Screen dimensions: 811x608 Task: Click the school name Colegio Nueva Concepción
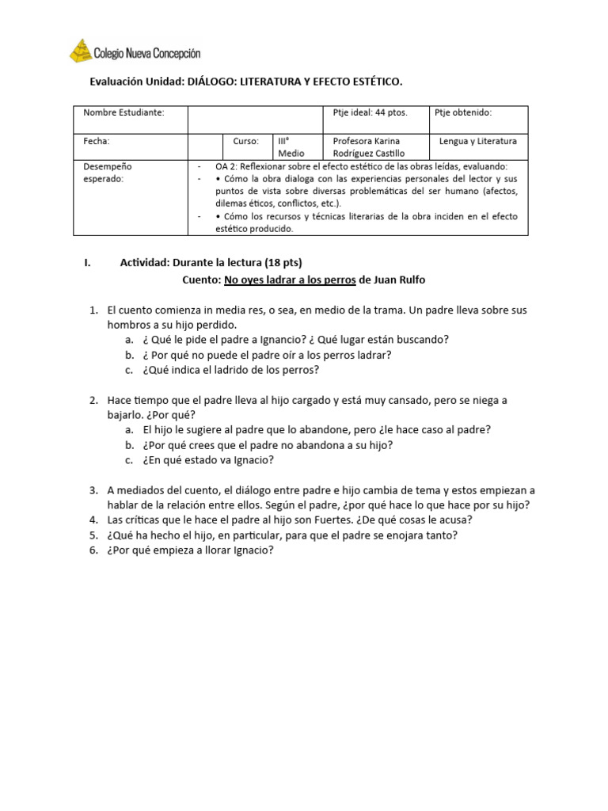coord(147,54)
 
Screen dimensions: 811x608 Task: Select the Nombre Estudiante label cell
coord(124,112)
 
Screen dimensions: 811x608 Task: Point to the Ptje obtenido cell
coord(463,112)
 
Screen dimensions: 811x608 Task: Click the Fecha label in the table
coord(97,141)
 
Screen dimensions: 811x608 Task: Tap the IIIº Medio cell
coord(286,147)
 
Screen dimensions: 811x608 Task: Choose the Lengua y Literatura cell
coord(478,141)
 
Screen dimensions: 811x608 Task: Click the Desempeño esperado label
coord(108,173)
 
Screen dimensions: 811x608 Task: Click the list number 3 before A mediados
coord(93,490)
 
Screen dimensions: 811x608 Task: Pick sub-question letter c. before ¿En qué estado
coord(128,460)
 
